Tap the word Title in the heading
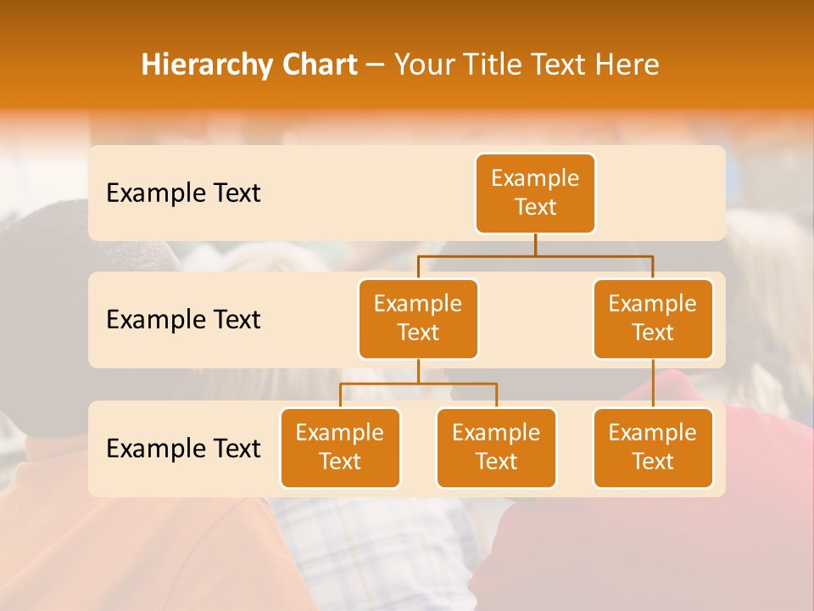488,64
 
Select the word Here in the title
627,64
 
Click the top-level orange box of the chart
535,193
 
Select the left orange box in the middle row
418,318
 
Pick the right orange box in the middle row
653,318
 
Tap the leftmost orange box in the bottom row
340,447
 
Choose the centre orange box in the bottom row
496,447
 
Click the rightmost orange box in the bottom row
653,447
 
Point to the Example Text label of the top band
183,193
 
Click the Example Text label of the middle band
183,319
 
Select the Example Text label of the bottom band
183,448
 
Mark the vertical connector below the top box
535,244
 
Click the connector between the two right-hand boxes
653,384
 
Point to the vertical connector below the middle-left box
418,372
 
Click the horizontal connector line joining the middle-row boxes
535,255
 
